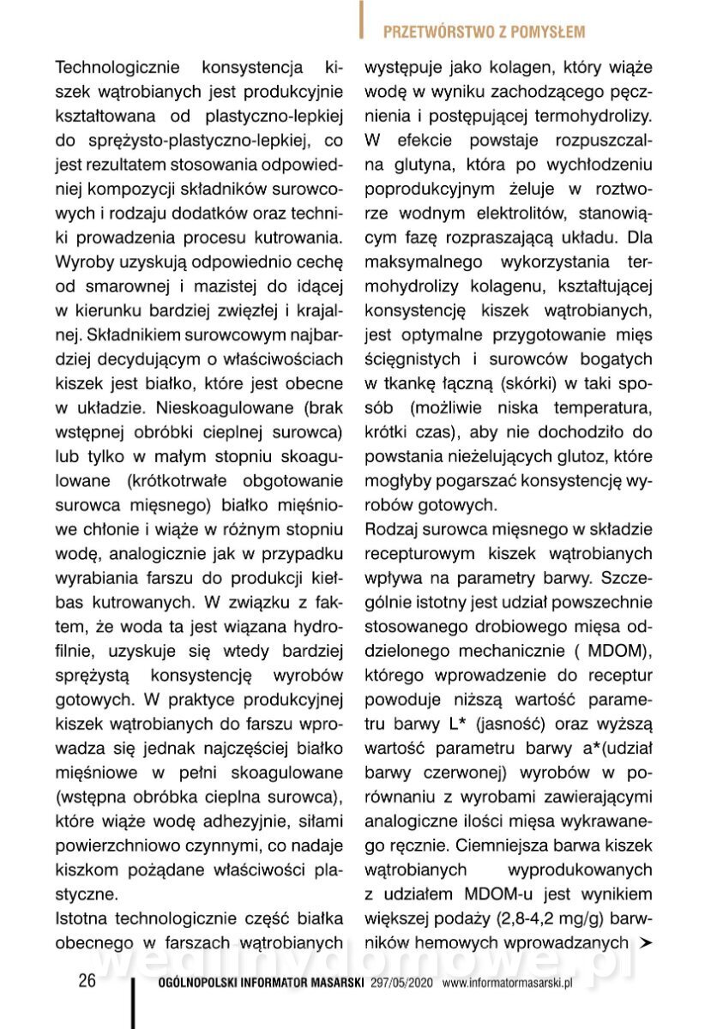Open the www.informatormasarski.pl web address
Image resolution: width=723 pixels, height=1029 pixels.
[507, 984]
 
